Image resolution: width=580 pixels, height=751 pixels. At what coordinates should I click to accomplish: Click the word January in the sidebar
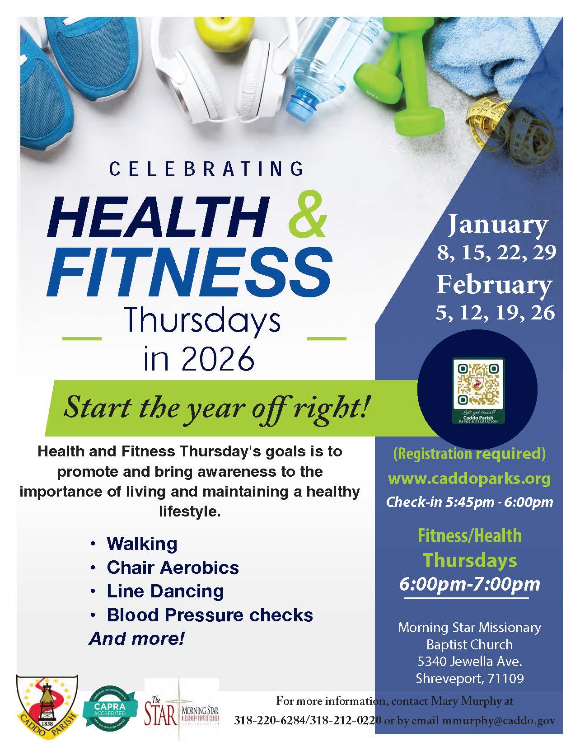click(497, 225)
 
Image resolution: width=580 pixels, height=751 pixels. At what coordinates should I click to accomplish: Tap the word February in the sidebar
click(494, 284)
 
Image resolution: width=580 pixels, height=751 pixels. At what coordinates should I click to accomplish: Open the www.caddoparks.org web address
click(469, 478)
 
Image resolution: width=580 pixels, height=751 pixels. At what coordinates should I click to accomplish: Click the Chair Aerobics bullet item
click(173, 568)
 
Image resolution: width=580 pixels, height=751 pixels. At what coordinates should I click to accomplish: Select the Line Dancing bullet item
click(165, 591)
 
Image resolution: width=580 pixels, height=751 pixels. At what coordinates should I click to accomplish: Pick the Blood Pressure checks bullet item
click(210, 615)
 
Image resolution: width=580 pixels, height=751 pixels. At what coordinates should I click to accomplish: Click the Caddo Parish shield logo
click(47, 706)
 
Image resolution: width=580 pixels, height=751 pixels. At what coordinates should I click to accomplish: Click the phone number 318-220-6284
click(270, 721)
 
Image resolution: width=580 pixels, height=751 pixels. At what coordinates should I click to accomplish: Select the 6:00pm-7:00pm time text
click(469, 584)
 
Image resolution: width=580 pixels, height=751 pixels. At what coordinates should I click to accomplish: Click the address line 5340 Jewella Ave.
click(470, 662)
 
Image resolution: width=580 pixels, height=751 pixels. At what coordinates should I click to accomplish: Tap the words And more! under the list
click(137, 638)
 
